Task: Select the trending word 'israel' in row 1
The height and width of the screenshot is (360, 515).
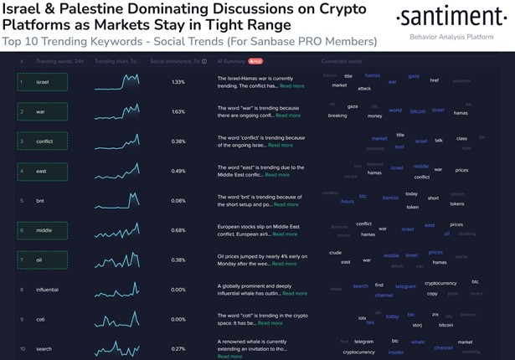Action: [42, 82]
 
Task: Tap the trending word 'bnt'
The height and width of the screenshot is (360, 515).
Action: [39, 201]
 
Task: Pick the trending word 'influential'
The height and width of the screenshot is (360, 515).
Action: [47, 290]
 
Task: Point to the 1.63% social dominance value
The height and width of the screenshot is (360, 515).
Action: [178, 111]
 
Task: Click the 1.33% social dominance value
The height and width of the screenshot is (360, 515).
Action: [178, 82]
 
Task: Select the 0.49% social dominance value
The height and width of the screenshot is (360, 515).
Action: [178, 171]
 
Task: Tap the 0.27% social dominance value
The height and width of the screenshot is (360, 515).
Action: [178, 348]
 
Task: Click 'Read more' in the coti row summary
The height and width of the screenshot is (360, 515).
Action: [270, 323]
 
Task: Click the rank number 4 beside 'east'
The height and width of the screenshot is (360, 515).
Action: [23, 171]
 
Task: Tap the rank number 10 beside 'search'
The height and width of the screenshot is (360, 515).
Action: [23, 348]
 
